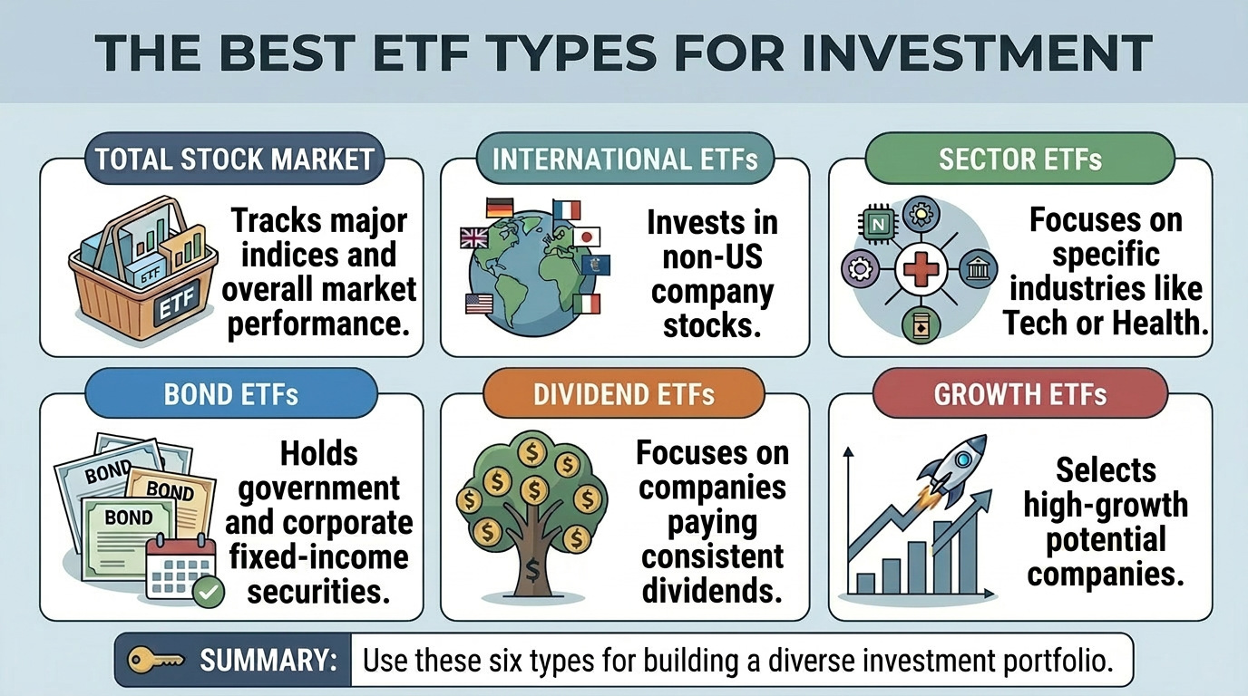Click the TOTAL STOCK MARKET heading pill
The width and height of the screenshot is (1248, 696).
point(234,160)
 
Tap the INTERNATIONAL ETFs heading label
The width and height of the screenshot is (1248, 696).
point(625,160)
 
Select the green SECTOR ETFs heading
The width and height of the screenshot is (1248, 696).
point(1019,160)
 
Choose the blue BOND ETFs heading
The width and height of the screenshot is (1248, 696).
point(231,395)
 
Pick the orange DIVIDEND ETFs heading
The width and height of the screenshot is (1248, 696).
point(624,395)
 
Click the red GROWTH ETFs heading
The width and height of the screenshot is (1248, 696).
point(1019,395)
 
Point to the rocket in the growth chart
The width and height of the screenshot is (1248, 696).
point(951,465)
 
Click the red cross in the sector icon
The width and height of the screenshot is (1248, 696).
point(921,269)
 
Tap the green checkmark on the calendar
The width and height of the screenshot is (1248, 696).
point(210,593)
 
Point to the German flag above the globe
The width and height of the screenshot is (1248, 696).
point(500,208)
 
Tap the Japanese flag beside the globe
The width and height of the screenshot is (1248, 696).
point(587,237)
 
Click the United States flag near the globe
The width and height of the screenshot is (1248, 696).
point(479,304)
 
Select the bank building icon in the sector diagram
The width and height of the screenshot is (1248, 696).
point(978,269)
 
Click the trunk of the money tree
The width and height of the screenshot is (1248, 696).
point(531,562)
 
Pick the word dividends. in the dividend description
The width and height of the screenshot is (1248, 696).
point(712,590)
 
